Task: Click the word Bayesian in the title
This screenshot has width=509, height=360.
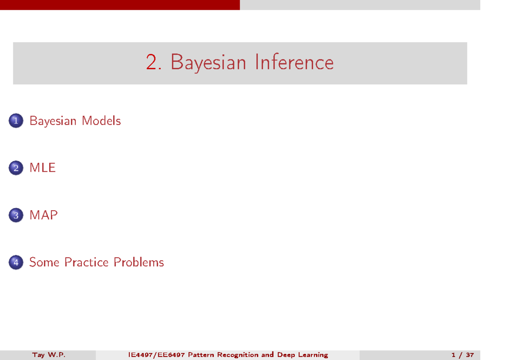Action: (208, 63)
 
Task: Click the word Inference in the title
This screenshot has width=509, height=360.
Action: (294, 62)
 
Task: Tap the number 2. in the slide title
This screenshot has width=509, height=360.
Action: (154, 62)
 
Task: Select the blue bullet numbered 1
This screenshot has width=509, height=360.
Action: (16, 120)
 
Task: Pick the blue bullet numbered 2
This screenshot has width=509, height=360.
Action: (16, 168)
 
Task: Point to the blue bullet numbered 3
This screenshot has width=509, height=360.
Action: (16, 215)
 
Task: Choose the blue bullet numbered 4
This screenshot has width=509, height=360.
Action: (16, 262)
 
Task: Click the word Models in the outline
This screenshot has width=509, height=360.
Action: (101, 120)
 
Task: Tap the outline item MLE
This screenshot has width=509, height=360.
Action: (42, 167)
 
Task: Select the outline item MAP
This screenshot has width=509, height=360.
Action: (43, 215)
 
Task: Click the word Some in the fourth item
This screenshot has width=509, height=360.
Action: (44, 262)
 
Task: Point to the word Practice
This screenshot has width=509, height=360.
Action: (87, 262)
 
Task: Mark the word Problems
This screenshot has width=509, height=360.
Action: (139, 262)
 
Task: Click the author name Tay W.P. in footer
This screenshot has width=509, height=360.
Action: (49, 355)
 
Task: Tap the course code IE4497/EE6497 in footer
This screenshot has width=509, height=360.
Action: (157, 355)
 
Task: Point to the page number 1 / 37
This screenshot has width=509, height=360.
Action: (462, 355)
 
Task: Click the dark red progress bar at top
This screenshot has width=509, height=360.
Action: (120, 5)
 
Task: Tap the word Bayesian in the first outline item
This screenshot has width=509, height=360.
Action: (53, 121)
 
